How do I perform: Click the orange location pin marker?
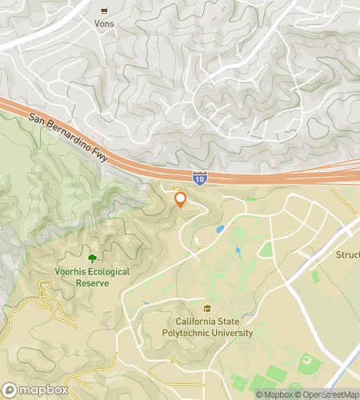(x=180, y=200)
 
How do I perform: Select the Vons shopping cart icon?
(x=104, y=11)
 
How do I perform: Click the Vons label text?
(x=104, y=24)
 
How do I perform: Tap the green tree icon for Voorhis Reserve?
(x=92, y=258)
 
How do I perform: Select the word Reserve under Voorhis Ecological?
(x=92, y=283)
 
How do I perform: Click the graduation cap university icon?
(x=208, y=309)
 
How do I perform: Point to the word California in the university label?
(x=195, y=322)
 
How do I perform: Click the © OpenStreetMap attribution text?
(x=328, y=394)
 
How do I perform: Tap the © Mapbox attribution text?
(x=274, y=394)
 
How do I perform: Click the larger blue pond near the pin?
(x=219, y=230)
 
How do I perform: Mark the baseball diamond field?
(x=309, y=365)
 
